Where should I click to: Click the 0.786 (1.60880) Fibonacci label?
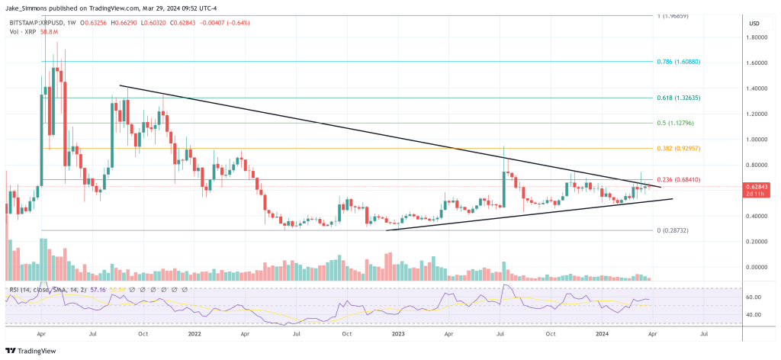pos(677,61)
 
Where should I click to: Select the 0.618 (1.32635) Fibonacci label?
pos(677,98)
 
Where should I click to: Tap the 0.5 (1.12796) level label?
pos(674,123)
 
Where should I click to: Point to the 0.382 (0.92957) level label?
pos(677,148)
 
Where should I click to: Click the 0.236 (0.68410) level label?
pos(677,180)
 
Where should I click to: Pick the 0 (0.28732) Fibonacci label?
pos(674,230)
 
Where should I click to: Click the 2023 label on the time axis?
pos(398,333)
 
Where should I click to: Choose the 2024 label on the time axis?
pos(603,333)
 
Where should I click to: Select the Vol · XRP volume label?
pos(21,31)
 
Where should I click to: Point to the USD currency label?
pos(754,24)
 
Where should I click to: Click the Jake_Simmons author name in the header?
pos(31,9)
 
